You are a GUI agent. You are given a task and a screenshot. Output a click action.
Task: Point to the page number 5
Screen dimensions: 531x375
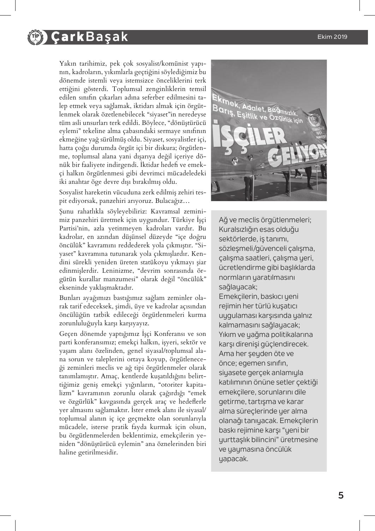pyautogui.click(x=340, y=495)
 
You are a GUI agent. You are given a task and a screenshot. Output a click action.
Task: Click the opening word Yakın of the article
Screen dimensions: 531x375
pyautogui.click(x=67, y=64)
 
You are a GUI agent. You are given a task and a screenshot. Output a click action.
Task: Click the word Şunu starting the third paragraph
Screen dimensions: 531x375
pyautogui.click(x=67, y=211)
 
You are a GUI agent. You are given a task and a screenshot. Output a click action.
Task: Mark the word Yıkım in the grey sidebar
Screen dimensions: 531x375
pyautogui.click(x=228, y=334)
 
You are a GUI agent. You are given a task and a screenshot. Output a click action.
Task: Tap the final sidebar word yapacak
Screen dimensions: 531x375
pyautogui.click(x=233, y=459)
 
